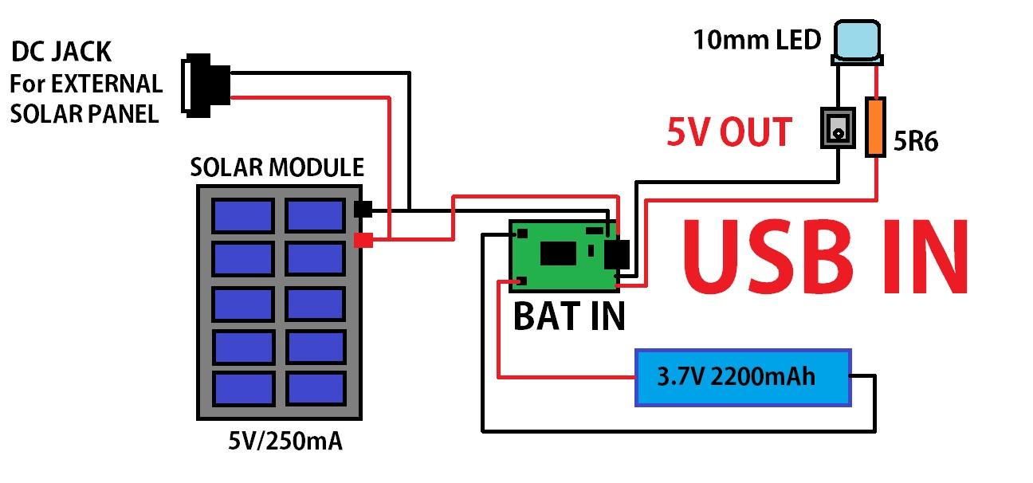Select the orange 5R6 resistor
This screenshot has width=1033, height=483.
tap(875, 126)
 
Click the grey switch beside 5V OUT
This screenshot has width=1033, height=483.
tap(837, 128)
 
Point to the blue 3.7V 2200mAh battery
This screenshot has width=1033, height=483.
tap(742, 377)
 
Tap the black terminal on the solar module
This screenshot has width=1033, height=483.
tap(363, 210)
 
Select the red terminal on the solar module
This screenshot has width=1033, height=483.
tap(363, 239)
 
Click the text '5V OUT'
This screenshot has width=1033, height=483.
tap(729, 132)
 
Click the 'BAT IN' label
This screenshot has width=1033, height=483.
tap(569, 316)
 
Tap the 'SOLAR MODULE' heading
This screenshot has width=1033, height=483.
tap(277, 168)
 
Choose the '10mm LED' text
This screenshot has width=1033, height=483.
tap(756, 39)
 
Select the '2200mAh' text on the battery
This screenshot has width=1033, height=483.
tap(772, 376)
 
